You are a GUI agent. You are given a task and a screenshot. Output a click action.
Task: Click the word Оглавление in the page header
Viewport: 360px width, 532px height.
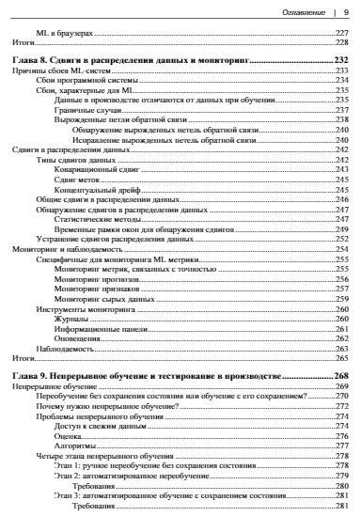pyautogui.click(x=303, y=12)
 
